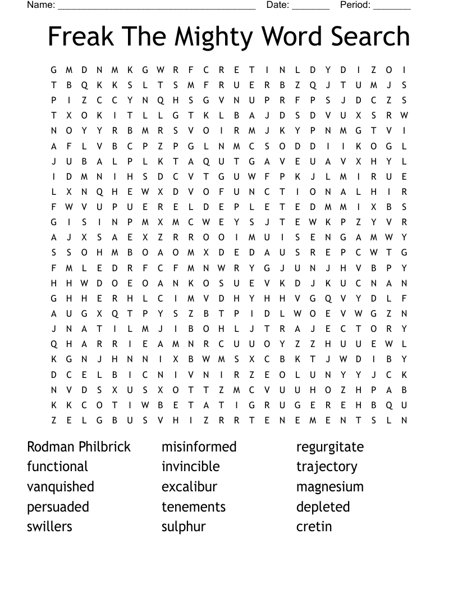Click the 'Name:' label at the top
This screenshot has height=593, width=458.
click(x=41, y=5)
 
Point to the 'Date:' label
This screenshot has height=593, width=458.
click(x=278, y=5)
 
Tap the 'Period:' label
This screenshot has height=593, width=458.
click(x=355, y=5)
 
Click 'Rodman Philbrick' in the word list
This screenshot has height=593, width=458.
click(x=79, y=447)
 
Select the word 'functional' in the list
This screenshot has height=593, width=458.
click(x=57, y=467)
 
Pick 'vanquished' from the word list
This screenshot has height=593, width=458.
click(x=61, y=487)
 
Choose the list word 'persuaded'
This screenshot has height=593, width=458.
click(x=58, y=507)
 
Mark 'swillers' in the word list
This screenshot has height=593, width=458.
click(x=49, y=527)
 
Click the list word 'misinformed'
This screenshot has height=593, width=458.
click(x=199, y=447)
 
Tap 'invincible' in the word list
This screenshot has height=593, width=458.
click(x=190, y=467)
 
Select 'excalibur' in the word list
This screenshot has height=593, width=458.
click(x=189, y=487)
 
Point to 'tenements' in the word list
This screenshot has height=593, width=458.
click(x=193, y=507)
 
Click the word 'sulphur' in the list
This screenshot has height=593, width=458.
click(x=184, y=527)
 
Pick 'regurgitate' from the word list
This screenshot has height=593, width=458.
click(x=330, y=448)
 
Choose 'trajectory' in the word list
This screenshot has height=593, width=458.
click(x=327, y=467)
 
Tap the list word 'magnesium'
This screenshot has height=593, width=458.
click(x=330, y=487)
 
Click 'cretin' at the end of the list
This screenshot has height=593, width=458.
click(x=314, y=527)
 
